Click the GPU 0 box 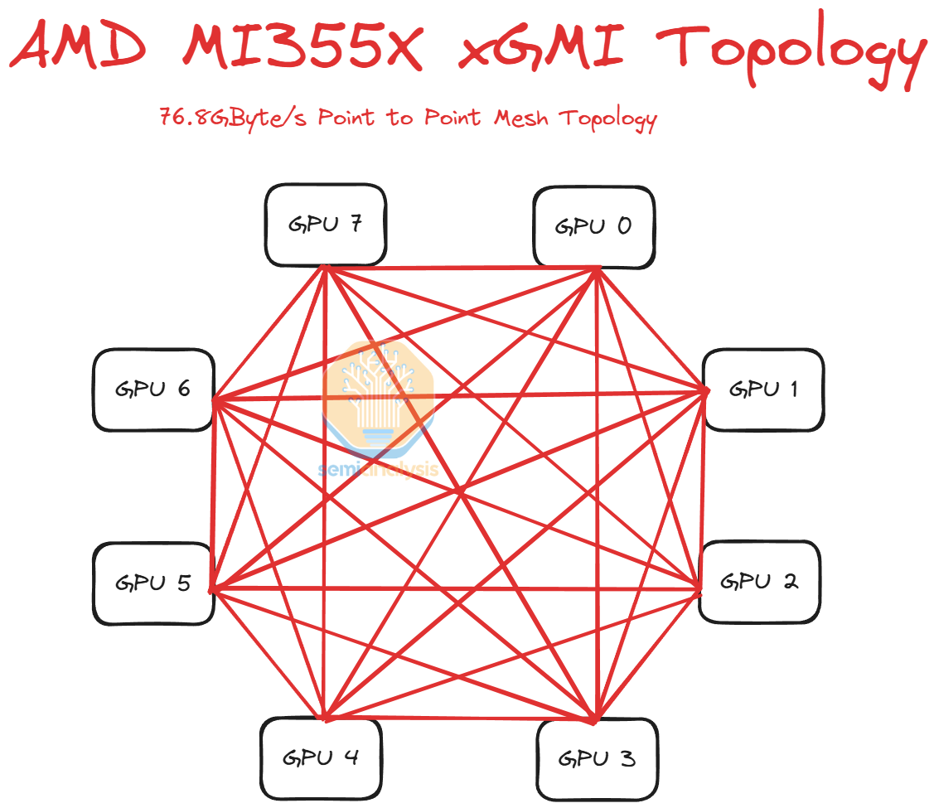[594, 225]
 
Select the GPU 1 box [763, 389]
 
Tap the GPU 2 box [759, 582]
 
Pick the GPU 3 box [597, 757]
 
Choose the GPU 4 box [321, 757]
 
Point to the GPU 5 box [153, 583]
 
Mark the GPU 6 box [153, 389]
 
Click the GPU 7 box [326, 225]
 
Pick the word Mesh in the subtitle [521, 118]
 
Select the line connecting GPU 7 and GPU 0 [461, 268]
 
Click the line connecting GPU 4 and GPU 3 [461, 715]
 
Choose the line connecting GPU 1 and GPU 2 [702, 489]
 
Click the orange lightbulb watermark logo [378, 389]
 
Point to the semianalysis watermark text [378, 470]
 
